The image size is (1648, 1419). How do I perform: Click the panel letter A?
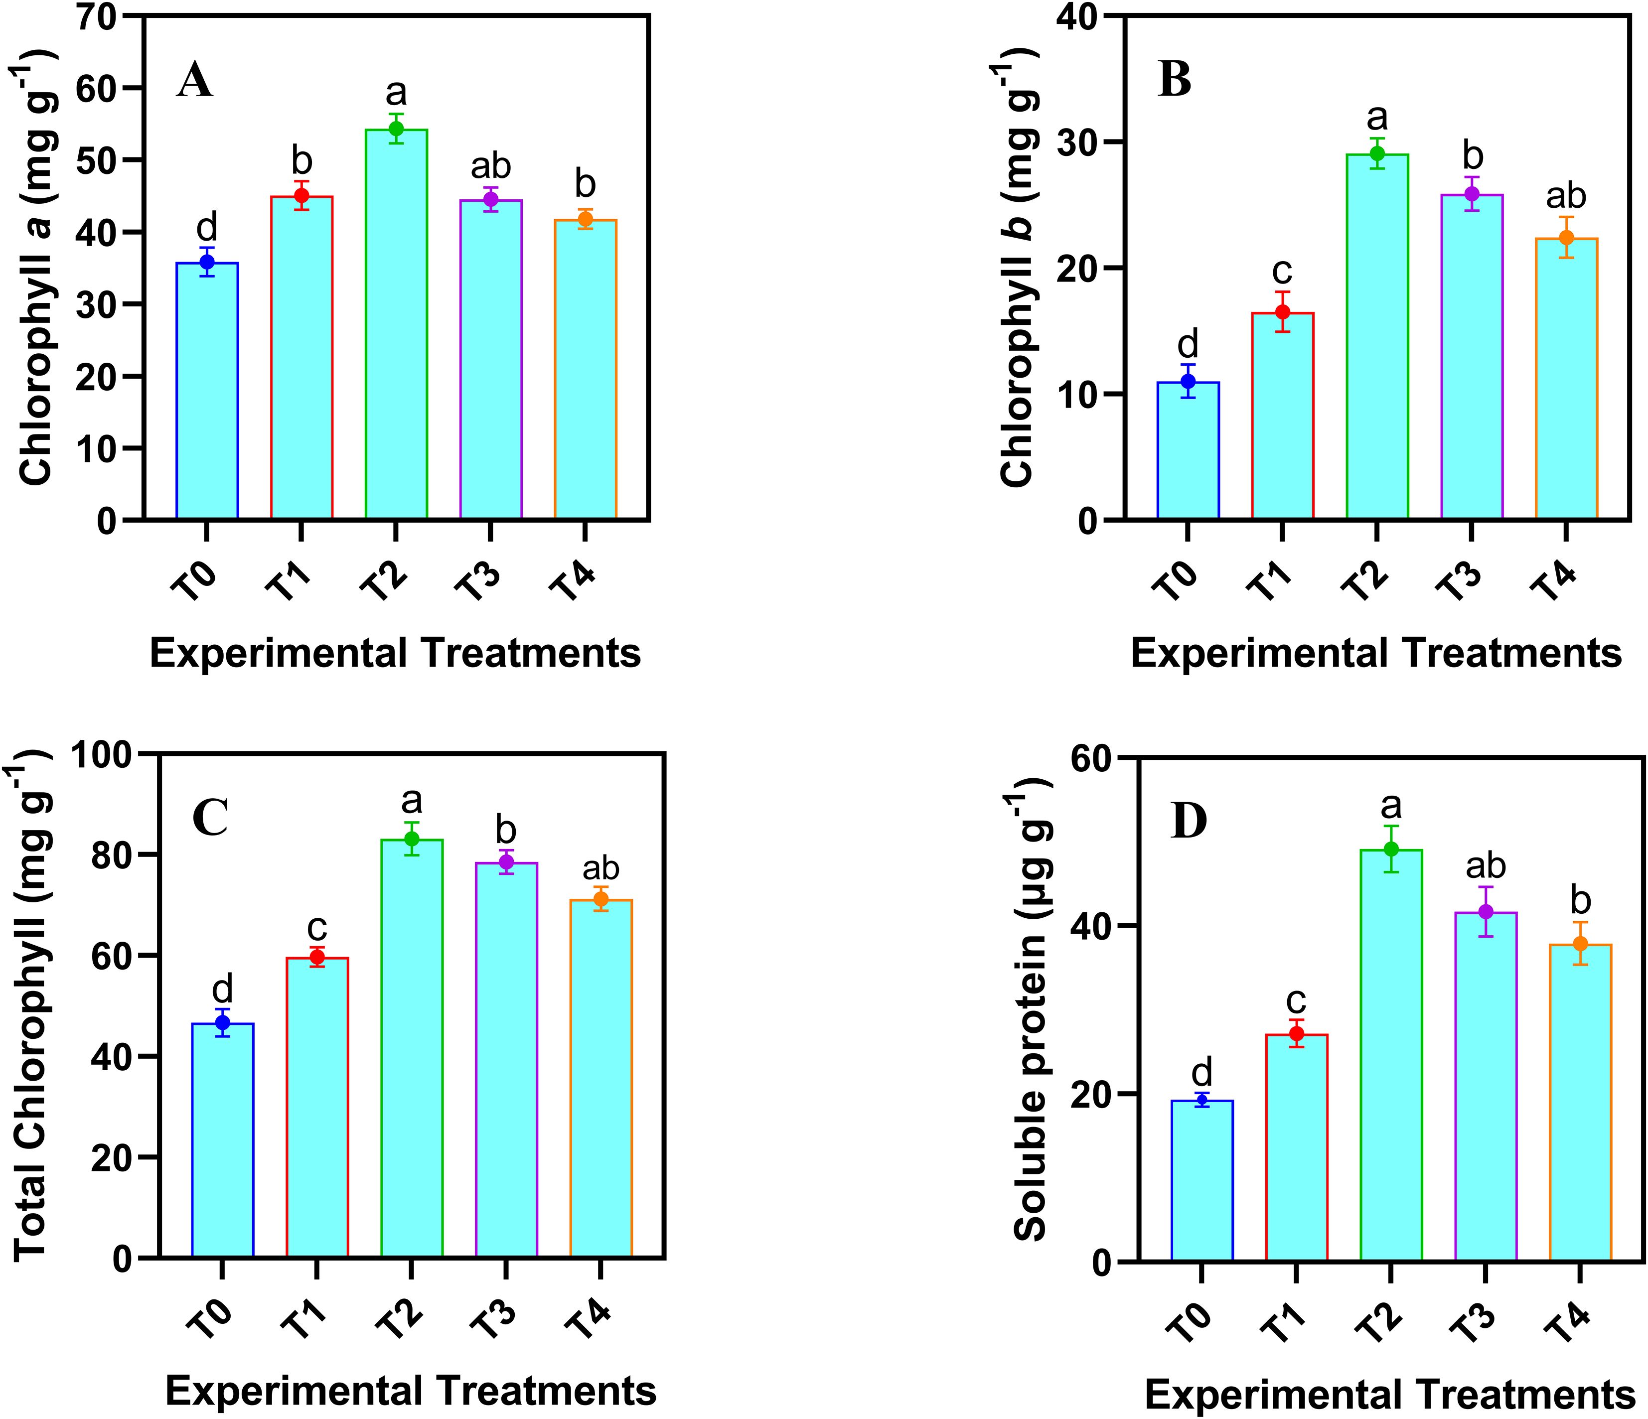(x=195, y=82)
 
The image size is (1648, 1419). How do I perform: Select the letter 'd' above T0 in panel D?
(x=1202, y=1072)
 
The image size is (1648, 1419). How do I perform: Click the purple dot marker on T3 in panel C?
(x=506, y=862)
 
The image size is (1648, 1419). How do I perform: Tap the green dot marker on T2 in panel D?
(x=1391, y=849)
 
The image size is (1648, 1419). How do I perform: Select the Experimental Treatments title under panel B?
(x=1376, y=654)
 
